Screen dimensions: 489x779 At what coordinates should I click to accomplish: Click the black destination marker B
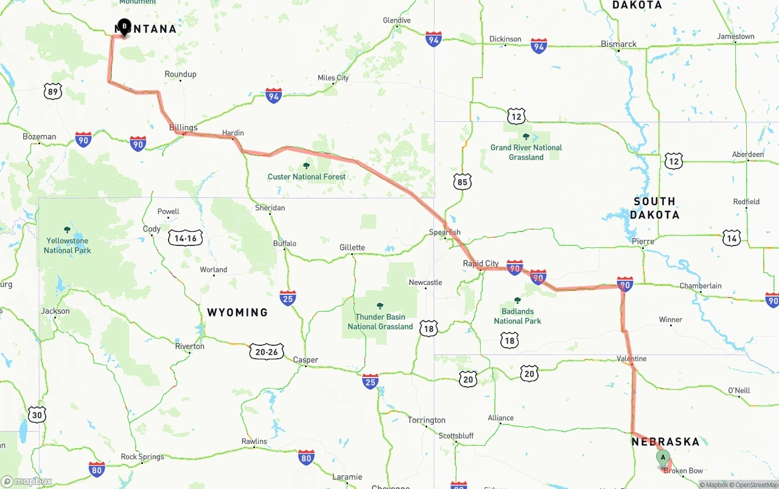pyautogui.click(x=124, y=27)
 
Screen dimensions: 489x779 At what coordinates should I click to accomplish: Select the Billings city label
pyautogui.click(x=183, y=127)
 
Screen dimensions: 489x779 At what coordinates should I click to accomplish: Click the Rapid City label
pyautogui.click(x=481, y=264)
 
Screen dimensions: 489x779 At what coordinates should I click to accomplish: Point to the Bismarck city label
pyautogui.click(x=618, y=44)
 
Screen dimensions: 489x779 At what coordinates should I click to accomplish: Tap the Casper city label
pyautogui.click(x=306, y=360)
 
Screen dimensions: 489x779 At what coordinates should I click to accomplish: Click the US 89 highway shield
pyautogui.click(x=53, y=92)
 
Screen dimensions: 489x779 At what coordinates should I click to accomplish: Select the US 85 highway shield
pyautogui.click(x=462, y=181)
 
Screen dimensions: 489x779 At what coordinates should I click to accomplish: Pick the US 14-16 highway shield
pyautogui.click(x=186, y=238)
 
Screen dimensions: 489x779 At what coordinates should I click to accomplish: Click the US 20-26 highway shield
pyautogui.click(x=267, y=351)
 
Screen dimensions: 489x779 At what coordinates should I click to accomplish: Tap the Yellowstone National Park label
pyautogui.click(x=67, y=246)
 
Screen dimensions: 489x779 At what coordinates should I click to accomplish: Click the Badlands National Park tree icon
pyautogui.click(x=517, y=300)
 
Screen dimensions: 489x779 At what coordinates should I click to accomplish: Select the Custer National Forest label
pyautogui.click(x=307, y=177)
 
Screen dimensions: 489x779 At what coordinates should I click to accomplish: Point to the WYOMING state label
pyautogui.click(x=237, y=312)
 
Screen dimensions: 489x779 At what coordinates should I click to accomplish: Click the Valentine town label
pyautogui.click(x=631, y=359)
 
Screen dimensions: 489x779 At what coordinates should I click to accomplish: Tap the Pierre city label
pyautogui.click(x=643, y=241)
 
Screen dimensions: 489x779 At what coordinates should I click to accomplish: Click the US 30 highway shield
pyautogui.click(x=37, y=415)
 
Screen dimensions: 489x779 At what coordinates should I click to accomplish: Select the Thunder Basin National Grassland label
pyautogui.click(x=380, y=322)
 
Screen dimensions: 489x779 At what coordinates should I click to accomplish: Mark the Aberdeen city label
pyautogui.click(x=748, y=155)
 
